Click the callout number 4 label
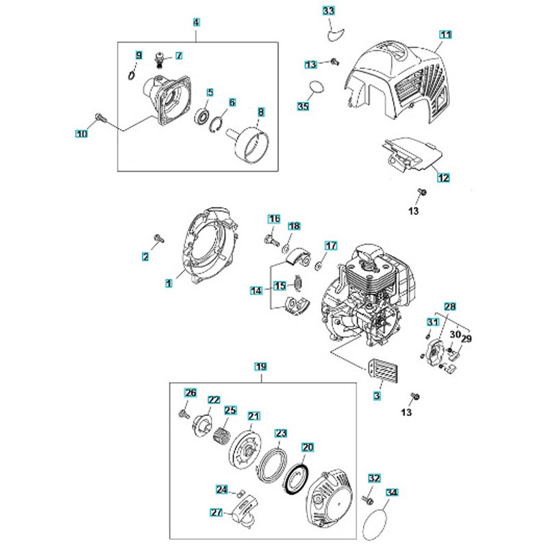pos(197,22)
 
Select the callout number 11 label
pos(446,34)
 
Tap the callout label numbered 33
pos(329,10)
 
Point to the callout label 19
pos(260,366)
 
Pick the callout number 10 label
pos(82,134)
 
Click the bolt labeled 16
pos(269,239)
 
